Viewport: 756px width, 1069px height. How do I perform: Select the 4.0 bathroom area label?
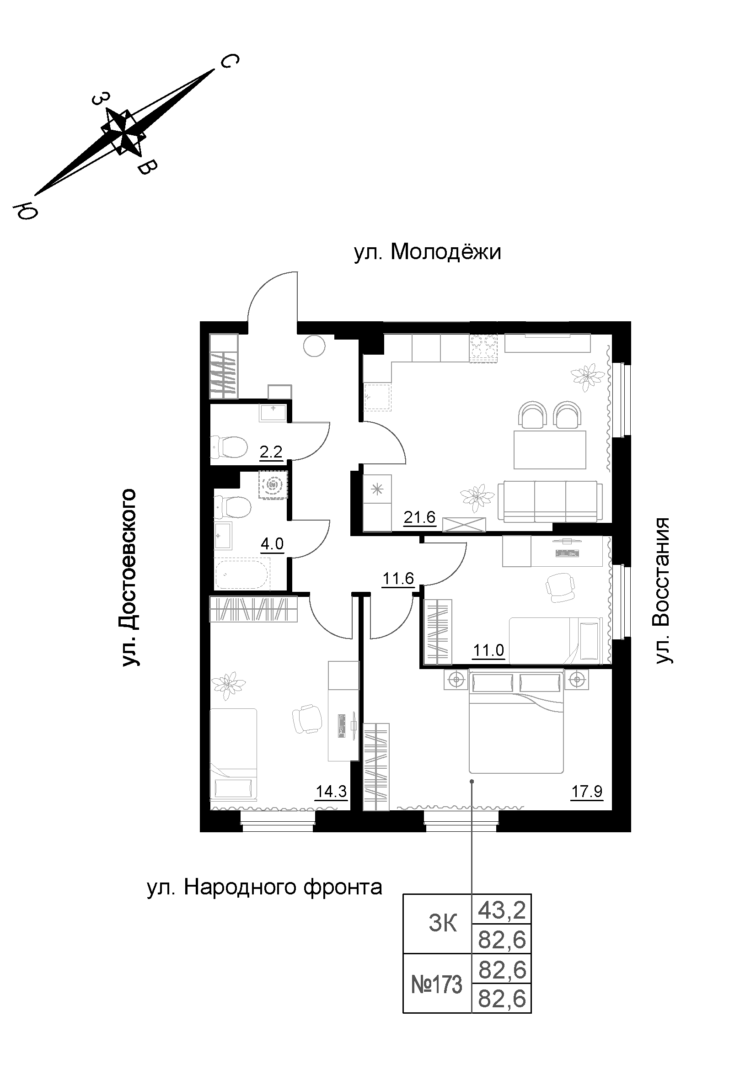click(x=272, y=543)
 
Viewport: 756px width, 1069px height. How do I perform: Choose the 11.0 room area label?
click(x=488, y=650)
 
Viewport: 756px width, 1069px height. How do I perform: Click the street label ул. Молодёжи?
click(x=427, y=252)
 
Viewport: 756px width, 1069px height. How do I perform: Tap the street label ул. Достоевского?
click(x=129, y=577)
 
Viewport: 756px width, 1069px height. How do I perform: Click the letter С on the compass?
click(x=229, y=61)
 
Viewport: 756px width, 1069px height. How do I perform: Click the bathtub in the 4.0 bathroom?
click(x=242, y=575)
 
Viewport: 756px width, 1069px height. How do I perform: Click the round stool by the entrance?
click(x=314, y=346)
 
